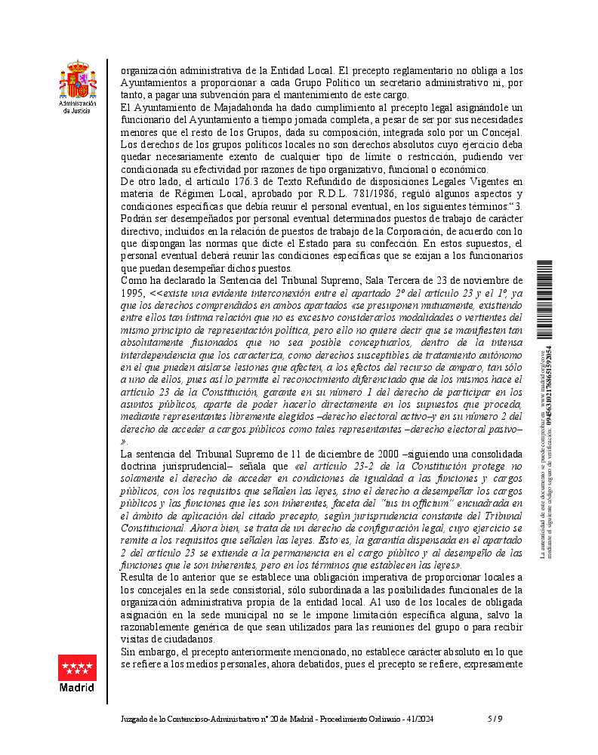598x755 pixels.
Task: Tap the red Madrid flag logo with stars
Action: pyautogui.click(x=78, y=668)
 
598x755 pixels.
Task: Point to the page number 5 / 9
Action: pyautogui.click(x=495, y=719)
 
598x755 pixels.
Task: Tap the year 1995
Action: pyautogui.click(x=133, y=292)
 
